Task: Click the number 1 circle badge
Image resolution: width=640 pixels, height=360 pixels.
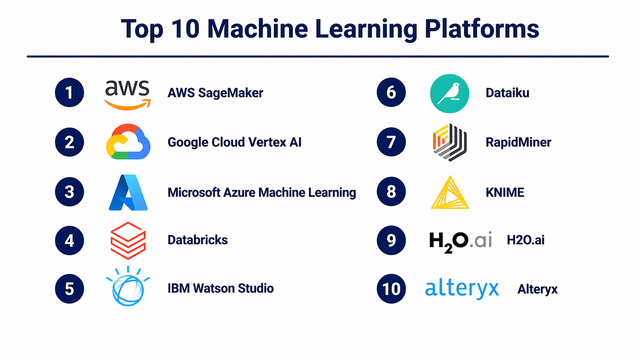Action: (x=69, y=93)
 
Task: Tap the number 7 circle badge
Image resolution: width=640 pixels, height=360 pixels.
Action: (x=391, y=142)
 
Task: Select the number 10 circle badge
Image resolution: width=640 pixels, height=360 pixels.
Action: (x=391, y=288)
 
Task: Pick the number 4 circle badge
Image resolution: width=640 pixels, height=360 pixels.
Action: (x=69, y=240)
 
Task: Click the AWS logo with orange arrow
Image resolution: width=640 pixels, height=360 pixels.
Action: (x=127, y=95)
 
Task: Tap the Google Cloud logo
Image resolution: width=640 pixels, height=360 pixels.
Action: (x=128, y=142)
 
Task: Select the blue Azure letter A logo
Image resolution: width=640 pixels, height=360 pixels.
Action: (x=128, y=192)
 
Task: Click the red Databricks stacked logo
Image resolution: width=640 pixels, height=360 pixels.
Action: (x=128, y=241)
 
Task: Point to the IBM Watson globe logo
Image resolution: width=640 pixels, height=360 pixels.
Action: (x=128, y=286)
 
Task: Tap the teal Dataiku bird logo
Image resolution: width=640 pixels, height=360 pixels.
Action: (x=449, y=94)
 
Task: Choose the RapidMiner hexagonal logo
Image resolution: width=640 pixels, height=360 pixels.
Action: (x=450, y=142)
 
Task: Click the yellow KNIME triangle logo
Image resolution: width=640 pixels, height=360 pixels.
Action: (x=450, y=192)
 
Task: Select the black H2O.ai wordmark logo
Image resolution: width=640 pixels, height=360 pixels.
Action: (x=460, y=242)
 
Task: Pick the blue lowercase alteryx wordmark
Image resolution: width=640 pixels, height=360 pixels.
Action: (x=462, y=289)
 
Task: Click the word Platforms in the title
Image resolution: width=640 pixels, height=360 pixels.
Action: (x=482, y=29)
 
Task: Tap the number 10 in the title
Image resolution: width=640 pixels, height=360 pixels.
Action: (x=185, y=29)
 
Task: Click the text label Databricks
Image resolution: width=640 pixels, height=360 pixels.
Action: (x=198, y=240)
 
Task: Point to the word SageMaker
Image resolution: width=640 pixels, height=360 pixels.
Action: (x=230, y=93)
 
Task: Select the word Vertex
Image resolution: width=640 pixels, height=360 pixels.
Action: (x=267, y=142)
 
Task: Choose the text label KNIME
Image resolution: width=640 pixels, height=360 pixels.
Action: (x=505, y=192)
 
